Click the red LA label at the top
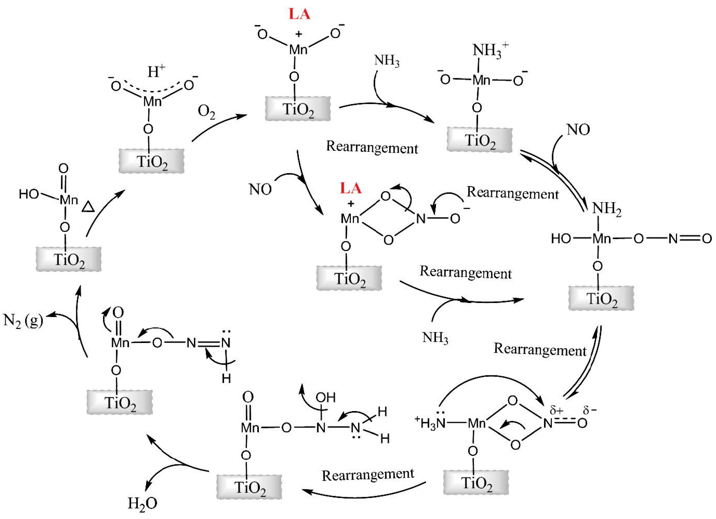(x=299, y=14)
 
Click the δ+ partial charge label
(x=556, y=410)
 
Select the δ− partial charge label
(x=589, y=410)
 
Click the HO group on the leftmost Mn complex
(x=29, y=194)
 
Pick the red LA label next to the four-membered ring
(x=350, y=189)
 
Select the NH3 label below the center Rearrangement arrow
(x=435, y=338)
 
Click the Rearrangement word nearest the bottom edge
(x=368, y=475)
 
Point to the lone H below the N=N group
(x=226, y=378)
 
